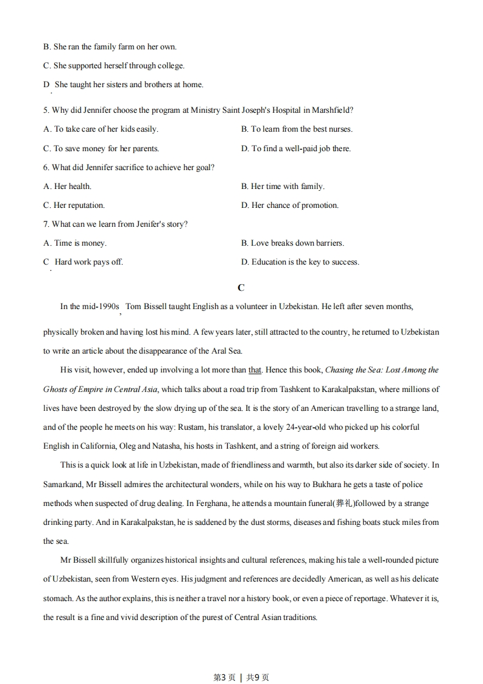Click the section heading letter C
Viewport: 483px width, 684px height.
click(x=241, y=288)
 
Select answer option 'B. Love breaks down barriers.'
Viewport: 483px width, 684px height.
click(x=292, y=243)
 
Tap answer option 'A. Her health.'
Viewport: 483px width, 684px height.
click(x=67, y=187)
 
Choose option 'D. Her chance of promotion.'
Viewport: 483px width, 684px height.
click(x=289, y=205)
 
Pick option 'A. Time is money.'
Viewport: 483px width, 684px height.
click(x=74, y=243)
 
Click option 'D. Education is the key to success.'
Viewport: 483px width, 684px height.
click(x=300, y=262)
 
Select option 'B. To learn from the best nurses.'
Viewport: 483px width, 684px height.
click(x=297, y=129)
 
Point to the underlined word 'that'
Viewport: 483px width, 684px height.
click(x=255, y=370)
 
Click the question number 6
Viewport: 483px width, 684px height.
click(x=46, y=168)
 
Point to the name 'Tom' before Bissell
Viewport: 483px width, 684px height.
click(x=133, y=307)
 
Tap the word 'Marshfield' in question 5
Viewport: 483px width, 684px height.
click(x=331, y=110)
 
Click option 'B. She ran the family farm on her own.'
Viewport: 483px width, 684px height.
click(x=110, y=47)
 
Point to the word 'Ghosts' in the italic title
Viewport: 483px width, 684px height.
click(x=55, y=390)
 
